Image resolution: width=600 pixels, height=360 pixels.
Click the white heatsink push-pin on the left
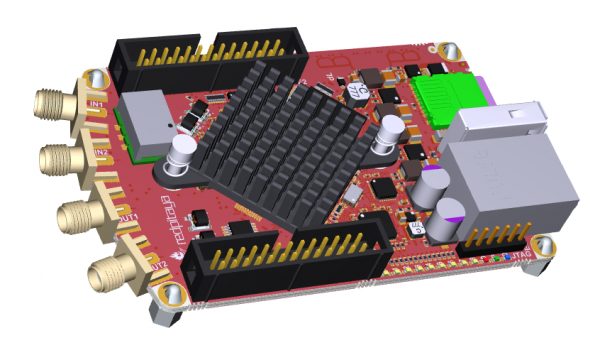[183, 156]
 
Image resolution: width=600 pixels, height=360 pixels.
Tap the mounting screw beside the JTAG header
[546, 250]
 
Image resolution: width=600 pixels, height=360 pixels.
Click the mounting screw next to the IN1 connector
[94, 79]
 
